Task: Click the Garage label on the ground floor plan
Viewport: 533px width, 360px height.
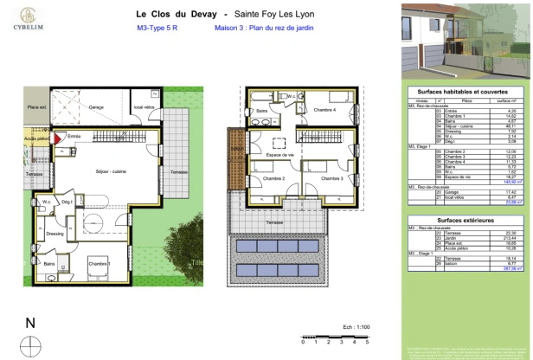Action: click(x=96, y=107)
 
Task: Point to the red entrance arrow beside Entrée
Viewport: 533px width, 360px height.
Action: click(x=58, y=137)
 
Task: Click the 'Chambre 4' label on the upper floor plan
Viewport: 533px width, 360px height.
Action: click(x=324, y=110)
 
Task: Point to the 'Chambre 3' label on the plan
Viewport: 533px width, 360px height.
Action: click(x=328, y=178)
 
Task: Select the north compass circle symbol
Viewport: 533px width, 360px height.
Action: click(x=30, y=345)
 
